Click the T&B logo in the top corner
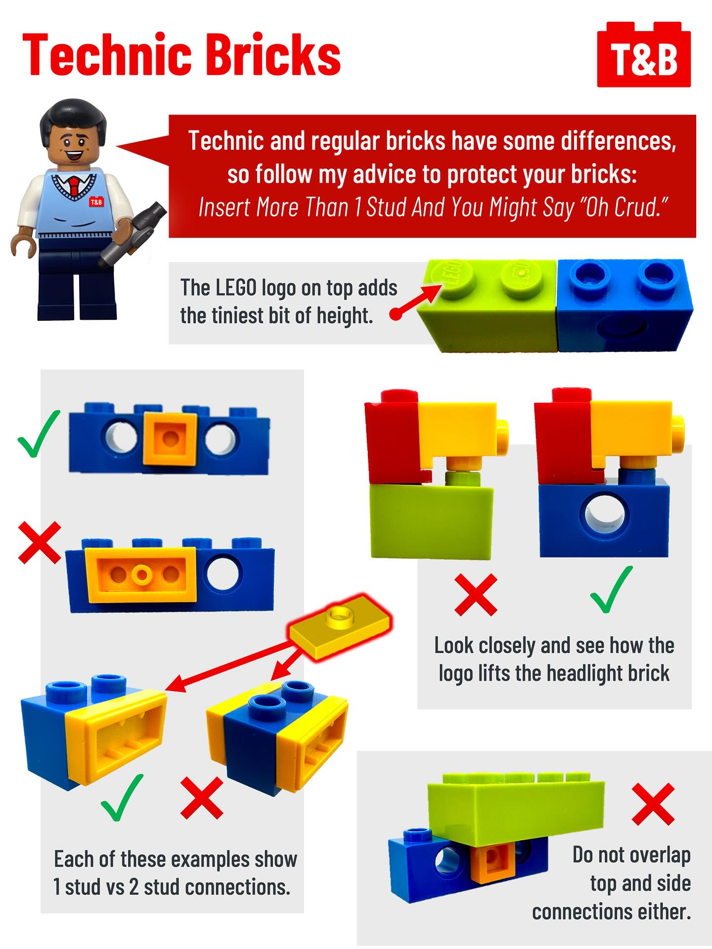644,55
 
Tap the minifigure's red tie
74,184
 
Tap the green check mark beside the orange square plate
39,434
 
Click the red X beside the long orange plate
40,542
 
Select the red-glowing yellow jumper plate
339,625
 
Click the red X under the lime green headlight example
476,594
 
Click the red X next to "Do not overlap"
653,804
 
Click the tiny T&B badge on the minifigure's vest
96,202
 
